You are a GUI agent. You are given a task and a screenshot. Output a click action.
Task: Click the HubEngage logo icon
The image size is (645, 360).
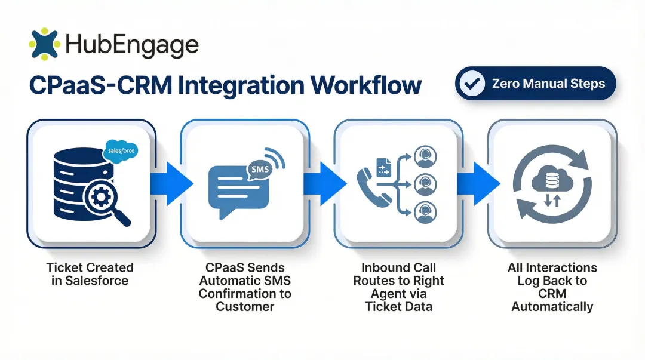44,44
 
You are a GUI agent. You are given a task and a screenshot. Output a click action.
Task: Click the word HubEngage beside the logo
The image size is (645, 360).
131,45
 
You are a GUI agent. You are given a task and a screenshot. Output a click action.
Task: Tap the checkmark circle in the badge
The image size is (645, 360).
474,84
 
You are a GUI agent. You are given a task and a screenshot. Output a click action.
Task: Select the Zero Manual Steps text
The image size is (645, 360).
548,84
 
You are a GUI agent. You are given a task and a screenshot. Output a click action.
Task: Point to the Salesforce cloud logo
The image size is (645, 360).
120,151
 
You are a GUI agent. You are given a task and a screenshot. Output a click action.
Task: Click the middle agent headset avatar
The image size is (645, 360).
425,183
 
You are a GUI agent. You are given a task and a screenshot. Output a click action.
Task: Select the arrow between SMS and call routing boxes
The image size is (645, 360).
325,183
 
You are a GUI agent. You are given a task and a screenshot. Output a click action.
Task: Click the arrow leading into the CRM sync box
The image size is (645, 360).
480,183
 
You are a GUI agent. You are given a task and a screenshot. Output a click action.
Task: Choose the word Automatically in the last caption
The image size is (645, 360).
552,307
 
